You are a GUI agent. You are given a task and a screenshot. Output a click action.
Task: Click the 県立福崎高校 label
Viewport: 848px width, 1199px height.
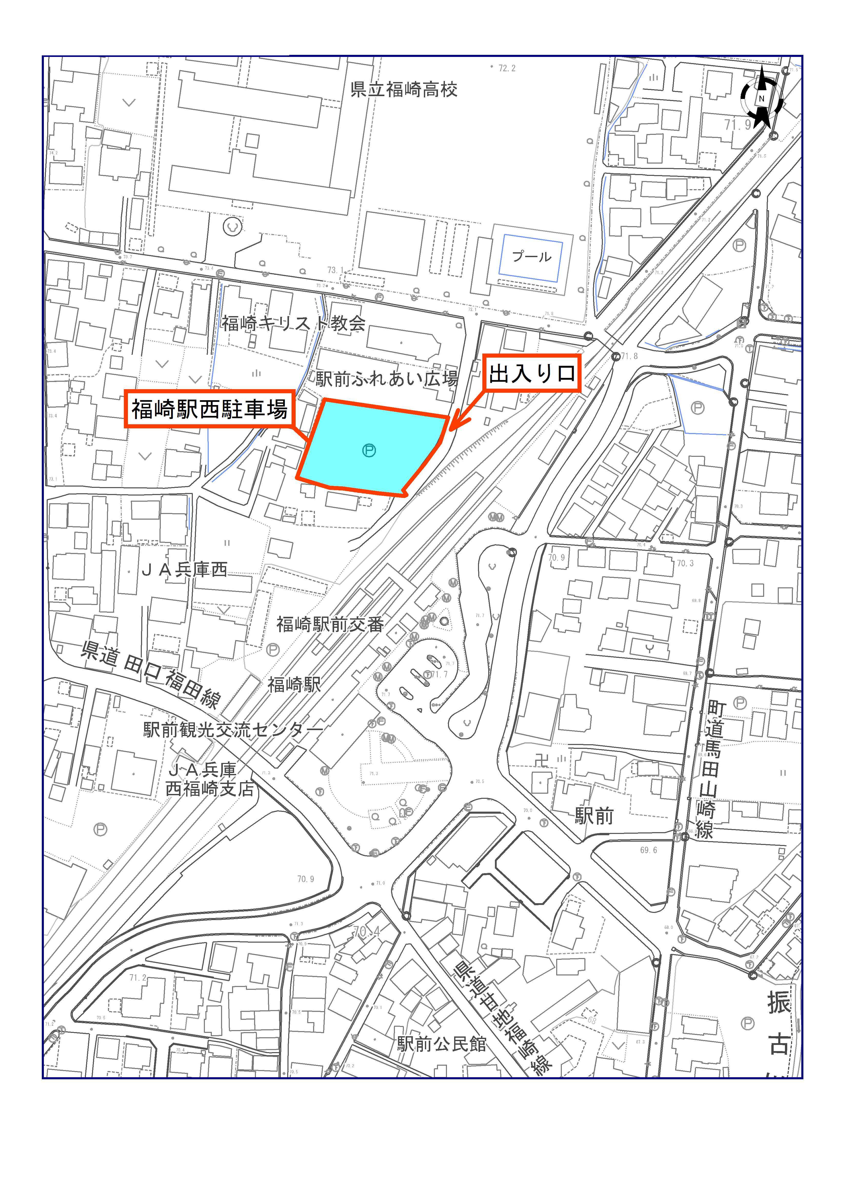pyautogui.click(x=404, y=90)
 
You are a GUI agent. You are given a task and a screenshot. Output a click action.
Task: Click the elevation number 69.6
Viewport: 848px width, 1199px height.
pyautogui.click(x=649, y=850)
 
